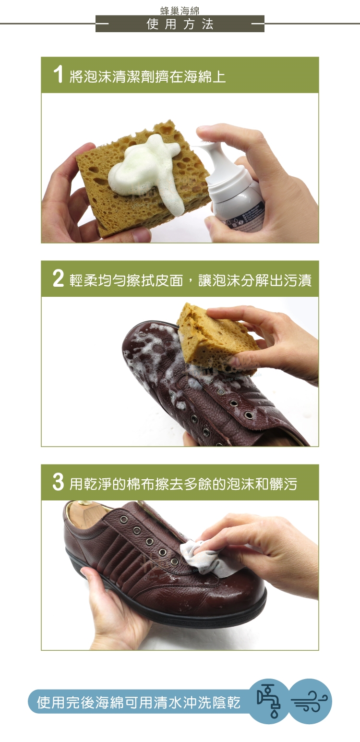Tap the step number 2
58,278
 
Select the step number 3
58,482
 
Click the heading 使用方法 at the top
180,24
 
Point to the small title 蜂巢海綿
180,11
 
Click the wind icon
309,702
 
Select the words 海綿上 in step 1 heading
205,77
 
